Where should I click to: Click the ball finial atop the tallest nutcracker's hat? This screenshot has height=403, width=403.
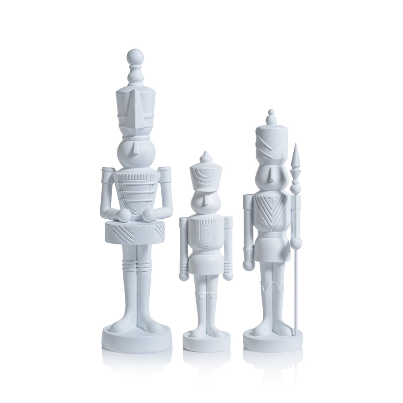tap(135, 57)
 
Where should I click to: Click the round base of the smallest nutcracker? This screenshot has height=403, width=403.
tap(206, 342)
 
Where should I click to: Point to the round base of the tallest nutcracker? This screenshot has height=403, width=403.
tap(137, 339)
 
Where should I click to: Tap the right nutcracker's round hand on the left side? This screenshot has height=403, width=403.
tap(249, 266)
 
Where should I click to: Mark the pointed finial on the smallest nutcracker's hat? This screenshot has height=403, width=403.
tap(206, 157)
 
